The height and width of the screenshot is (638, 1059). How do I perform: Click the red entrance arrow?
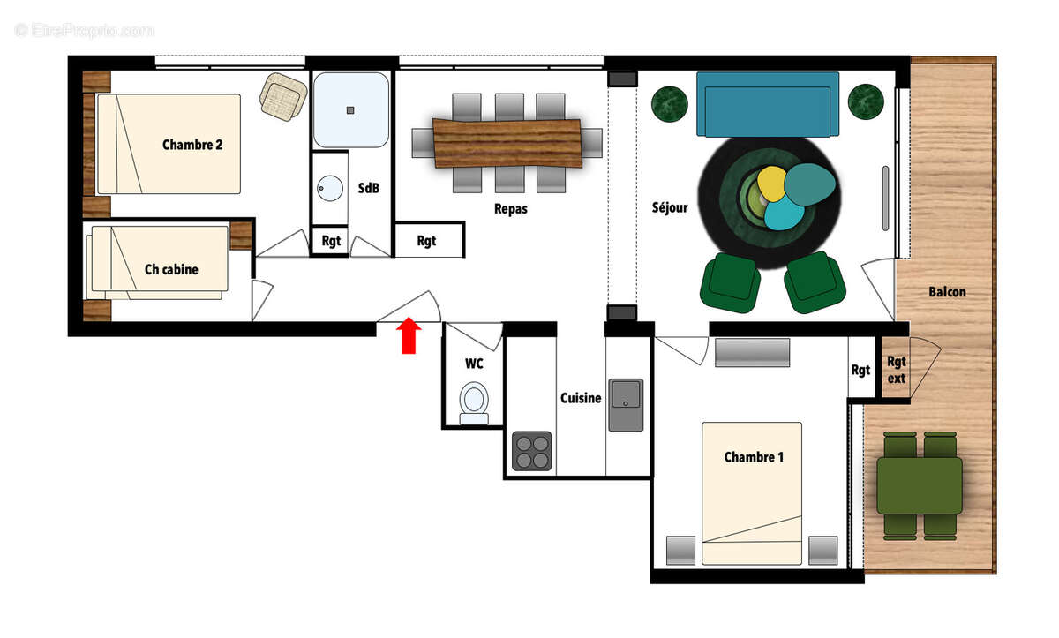(x=408, y=336)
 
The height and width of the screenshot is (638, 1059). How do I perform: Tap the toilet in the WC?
(x=474, y=402)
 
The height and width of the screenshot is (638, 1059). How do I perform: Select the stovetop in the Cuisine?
(x=531, y=450)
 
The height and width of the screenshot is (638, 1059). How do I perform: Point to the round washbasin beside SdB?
(x=330, y=189)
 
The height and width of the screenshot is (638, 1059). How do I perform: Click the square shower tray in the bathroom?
(x=350, y=109)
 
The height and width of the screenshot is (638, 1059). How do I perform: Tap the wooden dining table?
(x=507, y=142)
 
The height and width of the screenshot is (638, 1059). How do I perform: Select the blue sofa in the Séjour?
(x=767, y=104)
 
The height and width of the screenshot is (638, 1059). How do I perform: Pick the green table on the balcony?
(x=919, y=485)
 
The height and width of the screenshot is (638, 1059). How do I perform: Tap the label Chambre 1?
(x=753, y=457)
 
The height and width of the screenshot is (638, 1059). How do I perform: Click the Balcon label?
(x=947, y=292)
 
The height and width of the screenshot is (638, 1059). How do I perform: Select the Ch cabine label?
(x=171, y=269)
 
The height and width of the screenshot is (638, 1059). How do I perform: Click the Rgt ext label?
(x=896, y=370)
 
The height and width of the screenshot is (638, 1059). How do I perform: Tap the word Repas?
(x=511, y=209)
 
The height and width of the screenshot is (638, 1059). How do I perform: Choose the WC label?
(x=474, y=363)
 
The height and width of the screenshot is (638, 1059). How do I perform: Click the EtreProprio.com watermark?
(x=85, y=30)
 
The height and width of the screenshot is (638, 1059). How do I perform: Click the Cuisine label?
(x=581, y=398)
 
